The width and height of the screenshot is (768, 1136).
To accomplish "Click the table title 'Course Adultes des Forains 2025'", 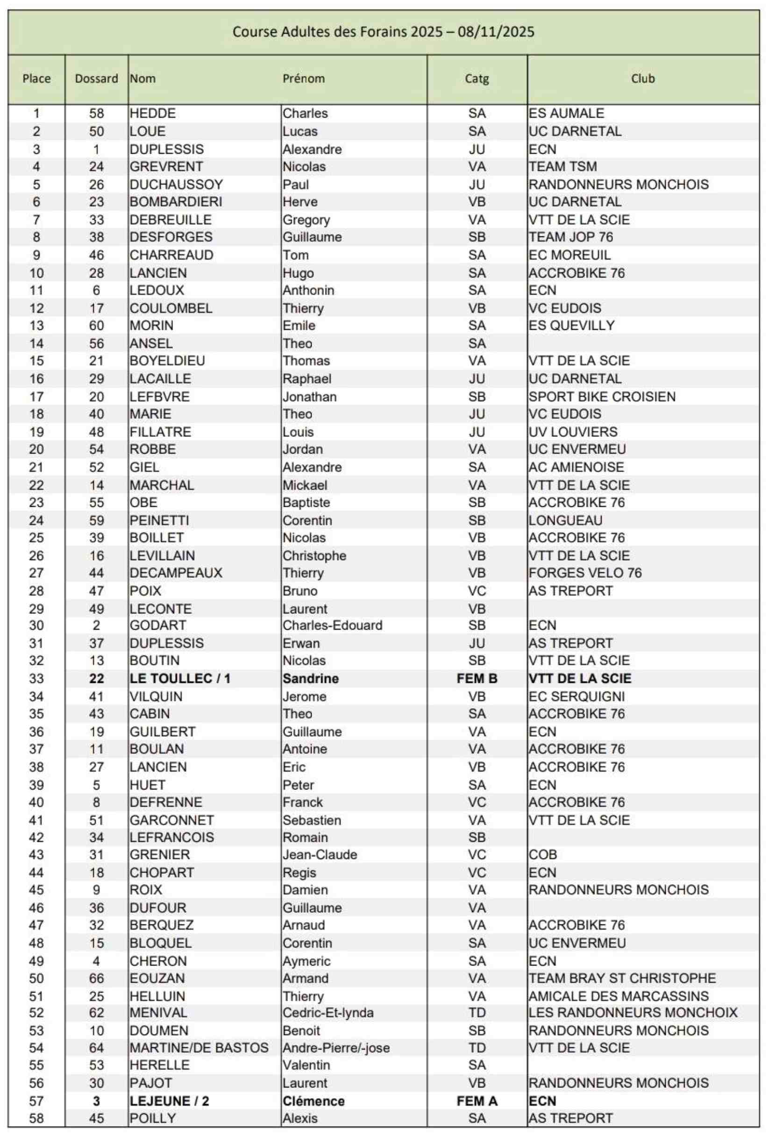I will click(383, 32).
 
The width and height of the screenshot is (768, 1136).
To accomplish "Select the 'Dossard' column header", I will click(96, 78).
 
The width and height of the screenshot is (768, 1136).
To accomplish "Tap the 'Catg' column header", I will click(476, 78).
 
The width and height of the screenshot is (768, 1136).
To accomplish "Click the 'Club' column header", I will click(642, 78).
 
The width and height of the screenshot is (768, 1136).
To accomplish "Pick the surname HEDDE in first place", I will click(152, 114).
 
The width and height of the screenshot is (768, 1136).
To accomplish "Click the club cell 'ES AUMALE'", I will click(566, 114).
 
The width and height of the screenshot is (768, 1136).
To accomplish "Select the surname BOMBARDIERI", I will click(176, 202).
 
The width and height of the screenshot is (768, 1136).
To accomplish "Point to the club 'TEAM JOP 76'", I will click(570, 237).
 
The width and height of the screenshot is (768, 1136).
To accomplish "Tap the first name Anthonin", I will click(308, 291).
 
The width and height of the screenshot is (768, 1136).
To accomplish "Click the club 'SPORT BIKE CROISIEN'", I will click(602, 397).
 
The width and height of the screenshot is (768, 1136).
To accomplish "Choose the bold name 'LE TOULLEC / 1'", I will click(179, 679).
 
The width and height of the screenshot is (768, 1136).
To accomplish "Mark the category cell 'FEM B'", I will click(476, 679).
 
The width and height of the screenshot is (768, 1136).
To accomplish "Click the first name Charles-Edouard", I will click(333, 625).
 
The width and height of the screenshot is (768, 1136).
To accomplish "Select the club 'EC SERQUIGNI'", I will click(576, 696).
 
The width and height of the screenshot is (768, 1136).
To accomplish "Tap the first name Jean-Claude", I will click(320, 854).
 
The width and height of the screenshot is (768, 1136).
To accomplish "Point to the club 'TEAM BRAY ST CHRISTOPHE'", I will click(622, 978).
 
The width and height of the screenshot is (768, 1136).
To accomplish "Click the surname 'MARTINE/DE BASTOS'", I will click(199, 1048).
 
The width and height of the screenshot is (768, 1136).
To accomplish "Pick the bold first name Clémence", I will click(313, 1101).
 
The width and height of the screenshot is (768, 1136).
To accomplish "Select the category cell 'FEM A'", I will click(476, 1101).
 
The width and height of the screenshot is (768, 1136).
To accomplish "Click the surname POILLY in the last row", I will click(152, 1118).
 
